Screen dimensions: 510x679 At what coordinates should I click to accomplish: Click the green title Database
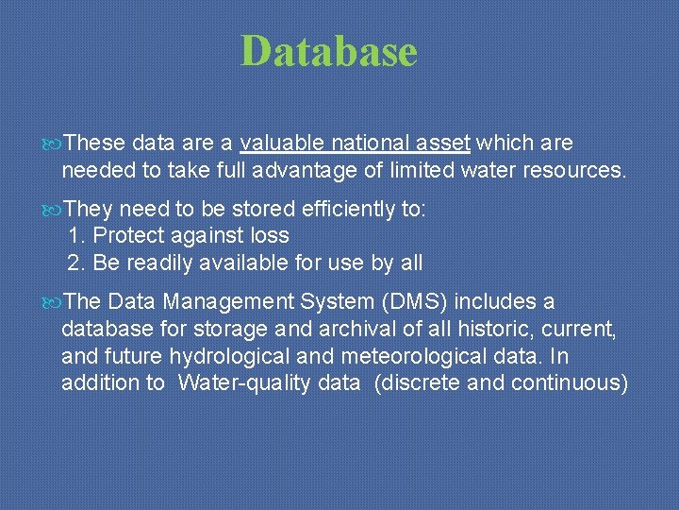[x=328, y=51]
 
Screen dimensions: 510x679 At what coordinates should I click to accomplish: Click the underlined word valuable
[x=282, y=144]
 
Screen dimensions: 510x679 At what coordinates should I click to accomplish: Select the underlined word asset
[x=444, y=144]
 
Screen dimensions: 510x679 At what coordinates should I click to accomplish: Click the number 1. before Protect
[x=77, y=235]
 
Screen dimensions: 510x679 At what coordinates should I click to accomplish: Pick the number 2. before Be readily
[x=77, y=263]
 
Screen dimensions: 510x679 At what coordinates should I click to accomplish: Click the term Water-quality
[x=270, y=382]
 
